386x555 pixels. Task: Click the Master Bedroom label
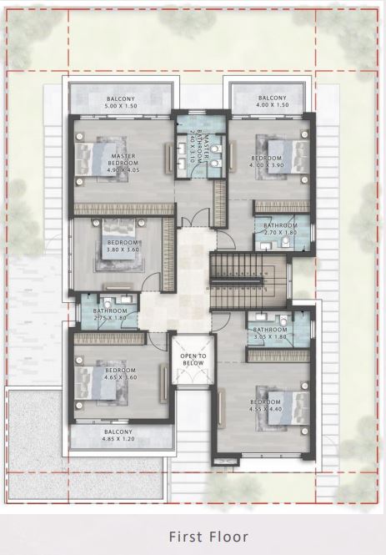click(123, 159)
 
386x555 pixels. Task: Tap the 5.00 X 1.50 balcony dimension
click(121, 106)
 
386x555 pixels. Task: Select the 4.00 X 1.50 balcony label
click(273, 105)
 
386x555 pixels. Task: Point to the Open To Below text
click(193, 359)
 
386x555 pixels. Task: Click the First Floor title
click(208, 537)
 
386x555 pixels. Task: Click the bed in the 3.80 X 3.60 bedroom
click(118, 239)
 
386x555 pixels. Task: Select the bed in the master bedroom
click(95, 159)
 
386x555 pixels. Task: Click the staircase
click(248, 281)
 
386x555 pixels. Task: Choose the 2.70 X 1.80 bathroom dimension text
click(281, 233)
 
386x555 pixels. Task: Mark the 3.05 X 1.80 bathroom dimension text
click(270, 336)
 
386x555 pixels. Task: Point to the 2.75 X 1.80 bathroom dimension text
click(109, 318)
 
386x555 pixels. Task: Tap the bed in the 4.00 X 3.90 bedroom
click(288, 157)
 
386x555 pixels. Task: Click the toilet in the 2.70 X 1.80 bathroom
click(286, 242)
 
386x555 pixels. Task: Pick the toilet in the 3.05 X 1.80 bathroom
click(283, 320)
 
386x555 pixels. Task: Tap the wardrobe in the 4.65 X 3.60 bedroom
click(109, 339)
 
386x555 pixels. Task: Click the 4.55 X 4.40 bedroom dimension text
click(265, 409)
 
